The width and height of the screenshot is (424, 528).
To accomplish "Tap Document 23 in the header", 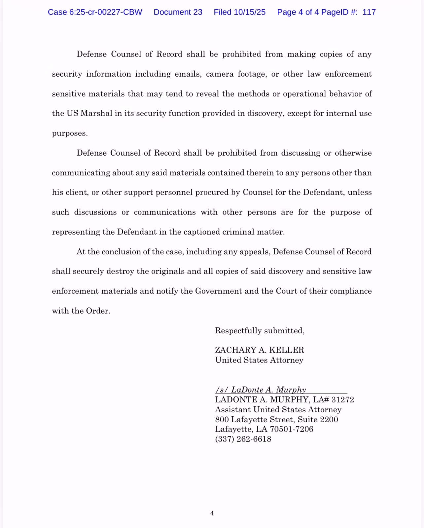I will coord(178,12).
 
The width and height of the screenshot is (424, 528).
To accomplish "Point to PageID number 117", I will coord(369,12).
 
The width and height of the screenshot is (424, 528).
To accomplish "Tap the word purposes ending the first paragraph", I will coord(69,133).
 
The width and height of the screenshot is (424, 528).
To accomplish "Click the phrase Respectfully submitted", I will coord(260,331).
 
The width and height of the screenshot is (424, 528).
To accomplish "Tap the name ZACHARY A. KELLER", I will coord(259,350).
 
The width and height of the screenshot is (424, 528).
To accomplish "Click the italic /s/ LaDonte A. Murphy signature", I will coord(261,390).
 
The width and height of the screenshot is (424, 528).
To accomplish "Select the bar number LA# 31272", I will coord(334,400).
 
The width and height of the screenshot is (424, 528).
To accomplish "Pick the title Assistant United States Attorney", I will coord(278,410).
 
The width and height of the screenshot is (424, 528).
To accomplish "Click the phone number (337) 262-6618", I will coord(243,439).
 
